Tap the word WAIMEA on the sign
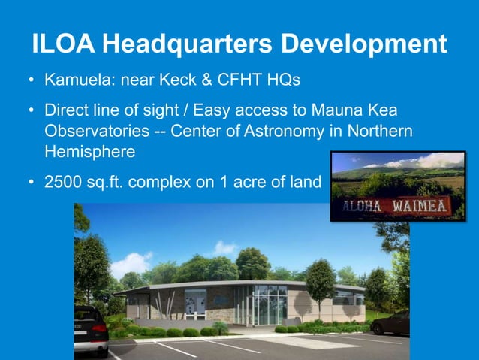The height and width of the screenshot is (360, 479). click(x=421, y=205)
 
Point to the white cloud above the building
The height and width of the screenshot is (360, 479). click(x=224, y=247)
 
